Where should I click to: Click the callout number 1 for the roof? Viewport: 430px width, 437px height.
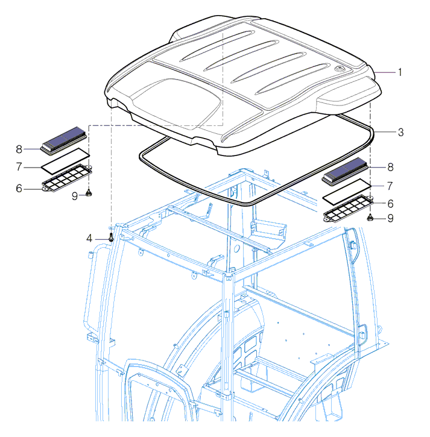click(x=400, y=72)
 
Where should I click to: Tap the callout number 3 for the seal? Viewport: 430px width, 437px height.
click(x=400, y=132)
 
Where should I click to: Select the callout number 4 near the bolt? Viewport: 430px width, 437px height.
click(x=89, y=239)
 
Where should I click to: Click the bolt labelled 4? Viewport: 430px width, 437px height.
click(x=111, y=237)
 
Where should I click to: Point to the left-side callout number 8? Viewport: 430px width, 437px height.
click(x=19, y=149)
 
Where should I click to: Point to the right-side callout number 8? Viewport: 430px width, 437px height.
click(x=390, y=167)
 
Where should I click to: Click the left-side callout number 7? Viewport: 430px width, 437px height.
click(x=19, y=166)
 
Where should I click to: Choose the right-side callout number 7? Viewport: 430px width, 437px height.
click(x=390, y=186)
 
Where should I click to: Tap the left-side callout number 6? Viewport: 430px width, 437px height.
click(x=19, y=189)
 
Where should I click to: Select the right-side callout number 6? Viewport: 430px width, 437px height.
click(x=390, y=204)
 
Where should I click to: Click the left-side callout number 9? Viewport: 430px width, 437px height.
click(x=75, y=196)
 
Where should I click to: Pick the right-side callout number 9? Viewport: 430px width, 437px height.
click(x=390, y=218)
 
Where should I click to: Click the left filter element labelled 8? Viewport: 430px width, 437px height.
click(x=63, y=140)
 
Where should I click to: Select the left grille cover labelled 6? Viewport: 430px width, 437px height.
click(x=67, y=178)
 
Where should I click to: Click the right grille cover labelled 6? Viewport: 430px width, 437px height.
click(x=349, y=209)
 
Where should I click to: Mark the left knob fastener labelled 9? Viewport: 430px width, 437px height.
click(x=89, y=192)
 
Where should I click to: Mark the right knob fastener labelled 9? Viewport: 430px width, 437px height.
click(x=370, y=217)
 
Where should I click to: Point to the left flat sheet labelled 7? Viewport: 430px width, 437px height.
click(x=66, y=161)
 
